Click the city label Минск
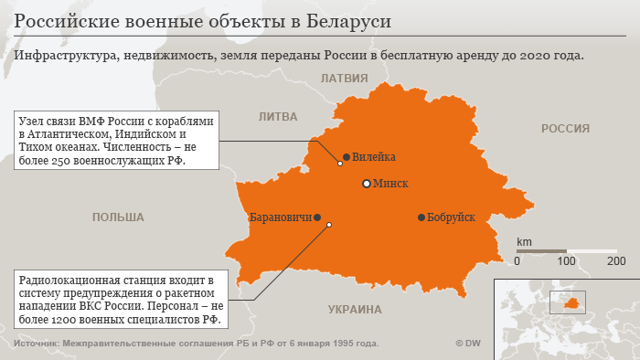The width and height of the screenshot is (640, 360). pos(391,184)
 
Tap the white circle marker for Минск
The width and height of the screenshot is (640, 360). pos(367,184)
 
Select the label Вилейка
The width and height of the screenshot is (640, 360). pos(374,157)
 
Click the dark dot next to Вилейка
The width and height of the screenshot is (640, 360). pos(347,157)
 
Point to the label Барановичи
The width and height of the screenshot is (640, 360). pos(280,217)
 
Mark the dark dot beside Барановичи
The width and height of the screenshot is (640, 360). pos(317,217)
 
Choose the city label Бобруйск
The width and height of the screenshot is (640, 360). pos(452,217)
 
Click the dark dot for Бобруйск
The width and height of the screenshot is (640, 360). pos(421,217)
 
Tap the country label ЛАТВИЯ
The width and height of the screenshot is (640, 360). pos(343,79)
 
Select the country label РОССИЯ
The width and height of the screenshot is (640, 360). pos(565,129)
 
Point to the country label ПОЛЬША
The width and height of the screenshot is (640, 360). pos(118,217)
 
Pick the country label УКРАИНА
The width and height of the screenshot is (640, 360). pos(355,310)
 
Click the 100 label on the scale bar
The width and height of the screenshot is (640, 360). pos(567,261)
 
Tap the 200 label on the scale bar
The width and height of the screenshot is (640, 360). pos(616,261)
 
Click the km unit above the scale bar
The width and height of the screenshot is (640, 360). pos(524,241)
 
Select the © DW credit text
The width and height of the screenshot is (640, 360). pos(468,344)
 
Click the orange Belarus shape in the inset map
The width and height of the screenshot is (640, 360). pos(572,302)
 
